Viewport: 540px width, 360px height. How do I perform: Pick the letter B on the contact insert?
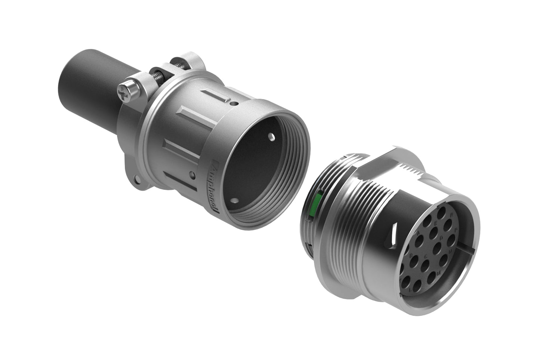pos(411,256)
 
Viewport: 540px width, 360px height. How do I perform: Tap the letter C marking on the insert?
pos(426,257)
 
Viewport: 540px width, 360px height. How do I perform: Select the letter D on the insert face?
pos(442,237)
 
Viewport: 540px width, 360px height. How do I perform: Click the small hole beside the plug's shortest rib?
pos(234,104)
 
